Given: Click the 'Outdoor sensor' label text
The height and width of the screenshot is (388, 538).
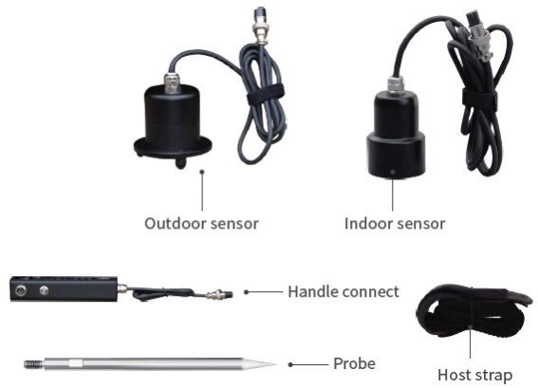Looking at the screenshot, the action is [201, 224].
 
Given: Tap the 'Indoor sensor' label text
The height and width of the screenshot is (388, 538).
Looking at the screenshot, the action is [395, 224].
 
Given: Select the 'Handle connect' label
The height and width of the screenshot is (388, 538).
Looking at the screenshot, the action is [343, 292].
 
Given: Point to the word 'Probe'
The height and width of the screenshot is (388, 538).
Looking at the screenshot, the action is [354, 363].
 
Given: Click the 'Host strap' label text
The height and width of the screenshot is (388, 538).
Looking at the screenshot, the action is [474, 375].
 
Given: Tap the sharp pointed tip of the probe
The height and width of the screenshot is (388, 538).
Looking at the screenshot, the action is [275, 364].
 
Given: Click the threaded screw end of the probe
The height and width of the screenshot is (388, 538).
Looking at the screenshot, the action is [33, 364].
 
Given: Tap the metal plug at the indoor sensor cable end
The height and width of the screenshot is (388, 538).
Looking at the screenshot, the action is [478, 36].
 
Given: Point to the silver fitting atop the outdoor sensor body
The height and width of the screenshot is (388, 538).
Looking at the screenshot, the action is [173, 83].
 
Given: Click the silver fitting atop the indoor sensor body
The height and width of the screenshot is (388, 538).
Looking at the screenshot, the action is [396, 85].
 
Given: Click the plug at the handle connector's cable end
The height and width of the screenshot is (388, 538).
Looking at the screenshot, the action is [219, 294].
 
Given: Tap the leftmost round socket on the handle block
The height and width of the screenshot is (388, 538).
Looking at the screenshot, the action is [20, 291].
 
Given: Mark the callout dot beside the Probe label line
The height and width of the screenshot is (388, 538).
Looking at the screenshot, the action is [290, 364].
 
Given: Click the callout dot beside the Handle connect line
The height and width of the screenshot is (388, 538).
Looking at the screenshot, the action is [246, 292].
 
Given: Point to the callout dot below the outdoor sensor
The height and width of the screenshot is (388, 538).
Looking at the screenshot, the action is [202, 171].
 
